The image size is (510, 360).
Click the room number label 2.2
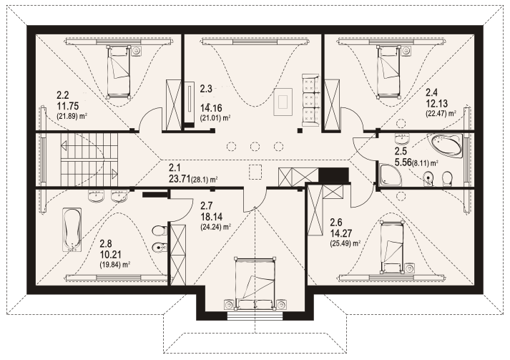(63, 95)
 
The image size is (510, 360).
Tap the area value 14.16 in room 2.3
(211, 107)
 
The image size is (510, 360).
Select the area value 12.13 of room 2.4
(437, 104)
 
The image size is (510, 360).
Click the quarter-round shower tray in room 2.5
(390, 175)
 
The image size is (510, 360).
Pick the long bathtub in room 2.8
(72, 230)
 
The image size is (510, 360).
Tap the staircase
(89, 160)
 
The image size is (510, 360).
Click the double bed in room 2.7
(255, 283)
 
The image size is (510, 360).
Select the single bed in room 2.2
(119, 72)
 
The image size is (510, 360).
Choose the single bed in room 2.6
(391, 246)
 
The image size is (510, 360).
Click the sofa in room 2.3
(311, 100)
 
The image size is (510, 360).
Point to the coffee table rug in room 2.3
(283, 102)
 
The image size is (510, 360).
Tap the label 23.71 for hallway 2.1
(180, 178)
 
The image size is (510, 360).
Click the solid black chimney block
(333, 175)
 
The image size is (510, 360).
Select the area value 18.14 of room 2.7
(212, 216)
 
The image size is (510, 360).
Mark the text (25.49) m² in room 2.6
(345, 243)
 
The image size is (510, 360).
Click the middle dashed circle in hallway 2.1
(255, 147)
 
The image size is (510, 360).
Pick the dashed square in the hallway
(255, 172)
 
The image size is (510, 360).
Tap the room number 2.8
(106, 243)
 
